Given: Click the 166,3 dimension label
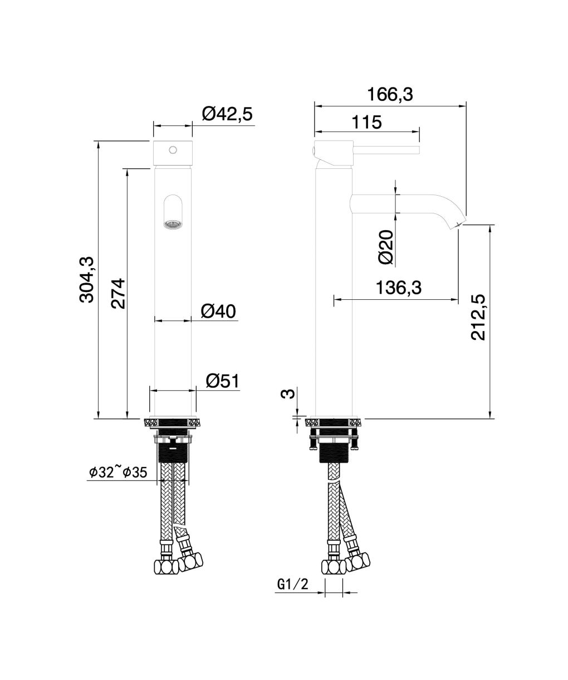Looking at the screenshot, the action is coord(390,95).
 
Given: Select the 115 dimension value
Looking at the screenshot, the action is coord(366,123).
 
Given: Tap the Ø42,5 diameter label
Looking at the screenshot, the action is coord(227,114).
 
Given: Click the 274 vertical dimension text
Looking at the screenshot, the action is coord(117,293).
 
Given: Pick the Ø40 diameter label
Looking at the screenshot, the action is coord(218,312).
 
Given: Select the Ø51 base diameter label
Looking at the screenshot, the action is coord(223,381).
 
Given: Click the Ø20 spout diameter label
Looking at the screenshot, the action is coord(386,247).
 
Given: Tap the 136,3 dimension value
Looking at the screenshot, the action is coord(399,288).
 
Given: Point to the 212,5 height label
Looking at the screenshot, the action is coord(478,317).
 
